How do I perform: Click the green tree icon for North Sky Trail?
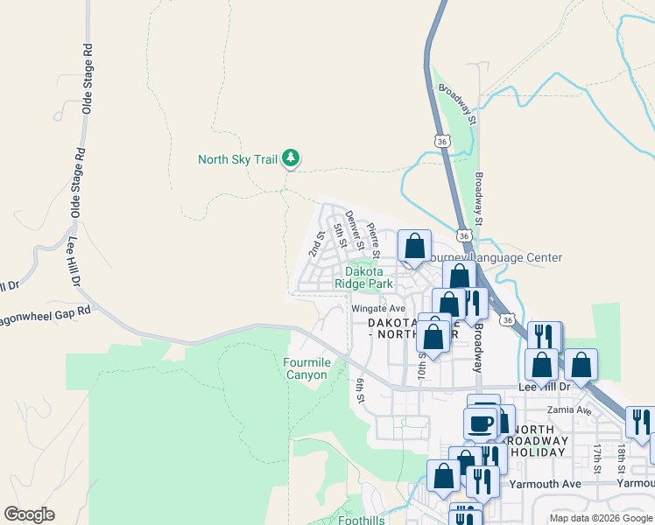coord(291,158)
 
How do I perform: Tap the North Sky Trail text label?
coord(237,159)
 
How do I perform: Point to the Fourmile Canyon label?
coord(306,368)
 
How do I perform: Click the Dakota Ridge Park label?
coord(363,278)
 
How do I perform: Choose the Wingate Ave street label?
coord(378,309)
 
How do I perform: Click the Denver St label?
coord(354,229)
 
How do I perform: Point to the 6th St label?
coord(359,391)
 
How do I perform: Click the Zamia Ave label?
coord(569,410)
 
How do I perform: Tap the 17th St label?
coord(596,458)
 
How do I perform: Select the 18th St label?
coord(621,458)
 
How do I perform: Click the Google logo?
coord(29,514)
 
